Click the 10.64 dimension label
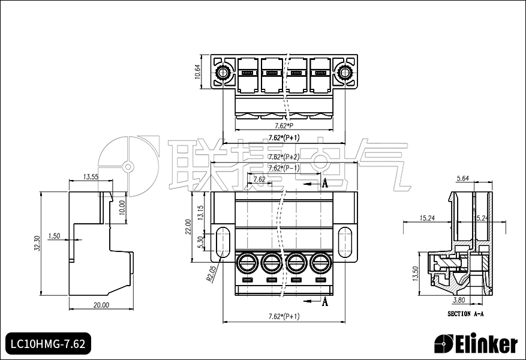point(198,72)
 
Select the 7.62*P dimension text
point(283,126)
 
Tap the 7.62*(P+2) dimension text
point(283,157)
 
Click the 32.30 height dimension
point(37,243)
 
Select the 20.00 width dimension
point(101,305)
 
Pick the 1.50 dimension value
point(54,236)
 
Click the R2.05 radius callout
point(211,274)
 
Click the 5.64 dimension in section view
point(462,178)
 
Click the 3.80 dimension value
point(458,300)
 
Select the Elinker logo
point(476,344)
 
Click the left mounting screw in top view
point(223,74)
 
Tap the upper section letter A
point(324,184)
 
